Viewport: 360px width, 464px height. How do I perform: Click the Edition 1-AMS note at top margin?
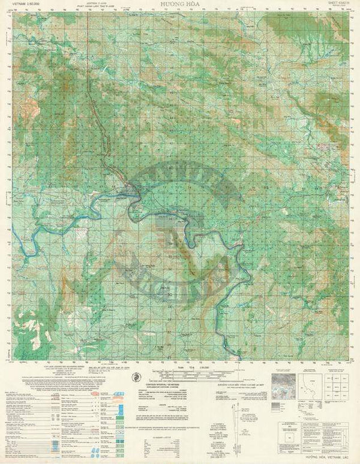coord(91,5)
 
